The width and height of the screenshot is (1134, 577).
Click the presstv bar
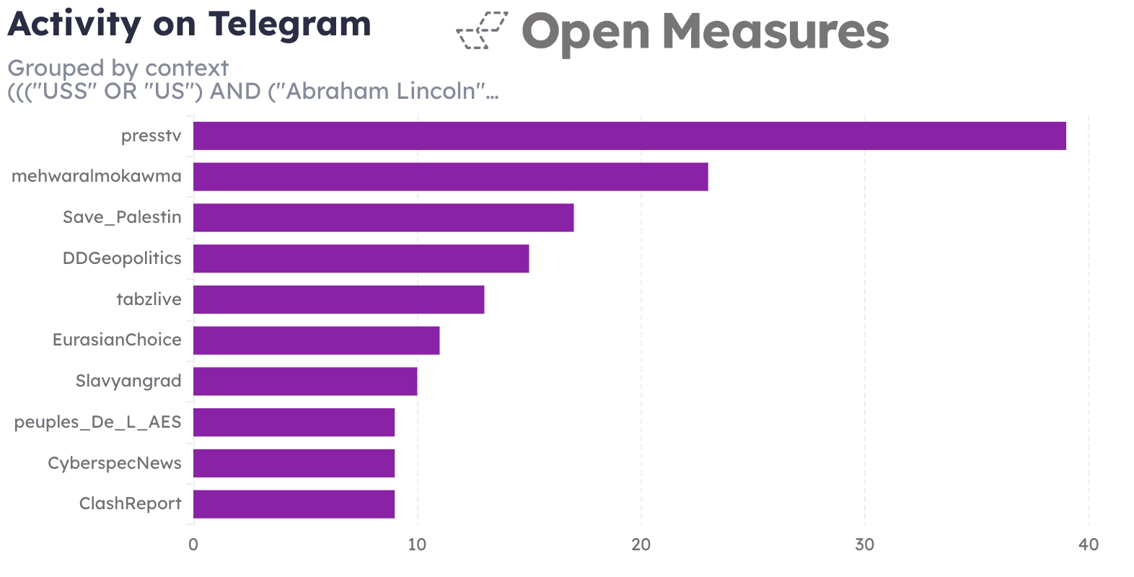tap(629, 136)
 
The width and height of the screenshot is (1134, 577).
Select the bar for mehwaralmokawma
tap(450, 177)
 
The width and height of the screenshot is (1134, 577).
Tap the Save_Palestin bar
tap(383, 217)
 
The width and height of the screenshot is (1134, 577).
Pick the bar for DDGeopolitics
tap(361, 258)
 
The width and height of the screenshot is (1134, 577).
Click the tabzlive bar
tap(338, 299)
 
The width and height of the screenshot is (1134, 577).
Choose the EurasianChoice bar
tap(316, 340)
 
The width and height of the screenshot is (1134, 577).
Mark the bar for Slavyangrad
tap(304, 381)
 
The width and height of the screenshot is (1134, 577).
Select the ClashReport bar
tap(294, 503)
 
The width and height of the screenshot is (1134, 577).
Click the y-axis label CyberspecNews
tap(115, 463)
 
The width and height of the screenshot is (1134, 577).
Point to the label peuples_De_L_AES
tap(97, 422)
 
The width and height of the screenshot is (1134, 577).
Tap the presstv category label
tap(151, 136)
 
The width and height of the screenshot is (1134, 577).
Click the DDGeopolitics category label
tap(122, 258)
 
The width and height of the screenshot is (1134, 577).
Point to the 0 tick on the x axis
tap(193, 545)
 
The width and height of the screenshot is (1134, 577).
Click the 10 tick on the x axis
tap(417, 545)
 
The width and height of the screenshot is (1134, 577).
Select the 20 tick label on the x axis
tap(641, 545)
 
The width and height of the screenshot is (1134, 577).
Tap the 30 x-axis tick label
tap(864, 545)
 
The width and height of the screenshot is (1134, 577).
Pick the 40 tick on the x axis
tap(1088, 545)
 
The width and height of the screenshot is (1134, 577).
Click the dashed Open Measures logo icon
tap(482, 31)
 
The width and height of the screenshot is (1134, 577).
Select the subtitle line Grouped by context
tap(118, 68)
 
